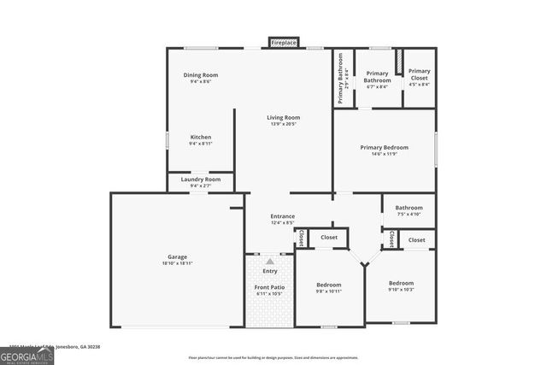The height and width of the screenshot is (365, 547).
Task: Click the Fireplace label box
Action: pos(284,43)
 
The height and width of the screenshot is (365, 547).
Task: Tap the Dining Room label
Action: pos(201,75)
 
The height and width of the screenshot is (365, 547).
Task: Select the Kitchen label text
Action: pos(201,137)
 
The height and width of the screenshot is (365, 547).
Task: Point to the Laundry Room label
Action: pos(201,180)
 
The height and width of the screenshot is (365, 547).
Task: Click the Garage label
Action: pos(177,256)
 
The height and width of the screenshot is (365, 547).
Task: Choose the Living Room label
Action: pos(283,117)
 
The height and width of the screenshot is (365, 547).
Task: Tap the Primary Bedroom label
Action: pos(384,147)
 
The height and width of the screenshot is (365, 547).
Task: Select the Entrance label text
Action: pos(283,216)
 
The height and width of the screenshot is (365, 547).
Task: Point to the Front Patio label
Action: pos(269,287)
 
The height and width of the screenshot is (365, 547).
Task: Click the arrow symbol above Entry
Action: pos(270,262)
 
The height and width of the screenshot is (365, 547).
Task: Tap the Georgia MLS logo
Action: pos(26,354)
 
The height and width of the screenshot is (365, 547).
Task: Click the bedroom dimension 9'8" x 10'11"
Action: pos(329,291)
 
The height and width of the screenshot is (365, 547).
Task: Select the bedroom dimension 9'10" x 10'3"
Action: pos(401,290)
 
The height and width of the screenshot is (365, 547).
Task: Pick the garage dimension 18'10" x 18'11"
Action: pos(177,263)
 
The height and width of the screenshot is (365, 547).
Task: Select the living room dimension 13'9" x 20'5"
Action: pos(283,124)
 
